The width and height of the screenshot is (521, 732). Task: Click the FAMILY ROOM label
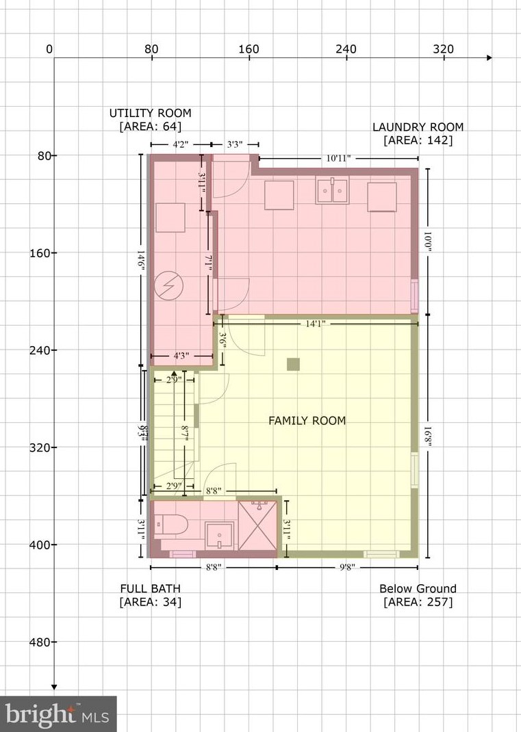click(307, 421)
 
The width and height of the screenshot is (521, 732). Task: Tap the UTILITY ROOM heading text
click(151, 113)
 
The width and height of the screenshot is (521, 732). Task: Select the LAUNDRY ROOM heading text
click(418, 127)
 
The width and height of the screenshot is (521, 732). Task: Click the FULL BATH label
click(151, 588)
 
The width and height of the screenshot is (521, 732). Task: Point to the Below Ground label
click(418, 588)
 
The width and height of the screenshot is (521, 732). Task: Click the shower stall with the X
click(258, 525)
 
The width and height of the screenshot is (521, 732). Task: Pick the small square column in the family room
click(294, 364)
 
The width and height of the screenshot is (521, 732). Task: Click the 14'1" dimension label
click(316, 324)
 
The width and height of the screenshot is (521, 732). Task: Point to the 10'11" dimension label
click(338, 158)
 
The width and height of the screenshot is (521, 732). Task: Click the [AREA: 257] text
click(418, 602)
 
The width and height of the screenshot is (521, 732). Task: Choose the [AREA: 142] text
click(418, 141)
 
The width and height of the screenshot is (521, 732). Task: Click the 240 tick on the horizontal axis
click(346, 50)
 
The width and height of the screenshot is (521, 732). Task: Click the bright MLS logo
click(58, 714)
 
